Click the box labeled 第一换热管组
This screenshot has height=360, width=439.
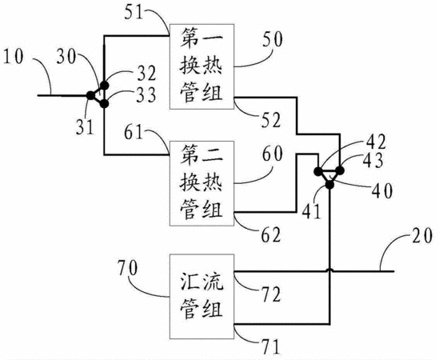point(202,66)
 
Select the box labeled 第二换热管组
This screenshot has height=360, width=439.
point(202,183)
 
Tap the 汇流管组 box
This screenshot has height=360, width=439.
point(202,297)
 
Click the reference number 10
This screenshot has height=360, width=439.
point(13,57)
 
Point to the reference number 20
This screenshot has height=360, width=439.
point(422,236)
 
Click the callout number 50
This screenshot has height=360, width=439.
point(273,39)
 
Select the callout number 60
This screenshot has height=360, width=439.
point(273,154)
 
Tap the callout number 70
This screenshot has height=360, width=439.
point(128,268)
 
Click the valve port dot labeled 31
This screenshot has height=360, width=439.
point(90,95)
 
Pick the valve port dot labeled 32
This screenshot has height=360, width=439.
point(104,85)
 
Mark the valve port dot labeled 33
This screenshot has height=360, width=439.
point(104,104)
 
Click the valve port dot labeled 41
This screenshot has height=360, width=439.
point(329,185)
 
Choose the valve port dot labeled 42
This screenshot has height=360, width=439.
point(318,170)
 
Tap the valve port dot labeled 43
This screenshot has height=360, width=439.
point(340,170)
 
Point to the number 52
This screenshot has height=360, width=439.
point(271,121)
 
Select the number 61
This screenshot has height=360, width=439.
point(134,132)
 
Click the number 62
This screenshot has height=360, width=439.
point(271,234)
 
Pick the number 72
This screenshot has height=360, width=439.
point(271,294)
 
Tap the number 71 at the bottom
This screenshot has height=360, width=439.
point(271,347)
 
